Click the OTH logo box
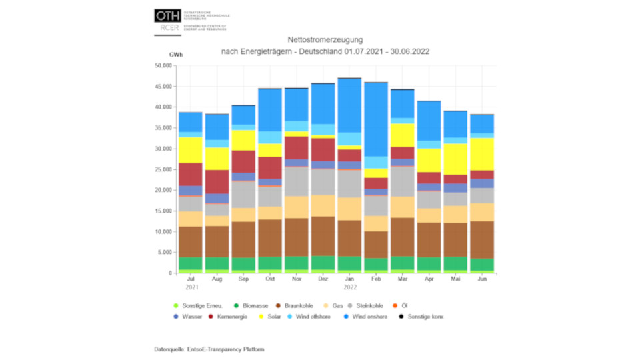click(x=167, y=15)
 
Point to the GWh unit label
click(x=176, y=54)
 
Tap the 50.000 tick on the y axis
click(x=163, y=66)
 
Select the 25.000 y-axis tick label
click(x=163, y=169)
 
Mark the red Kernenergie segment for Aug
click(x=217, y=181)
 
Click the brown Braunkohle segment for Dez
click(x=323, y=236)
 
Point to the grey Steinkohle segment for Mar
click(x=402, y=181)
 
